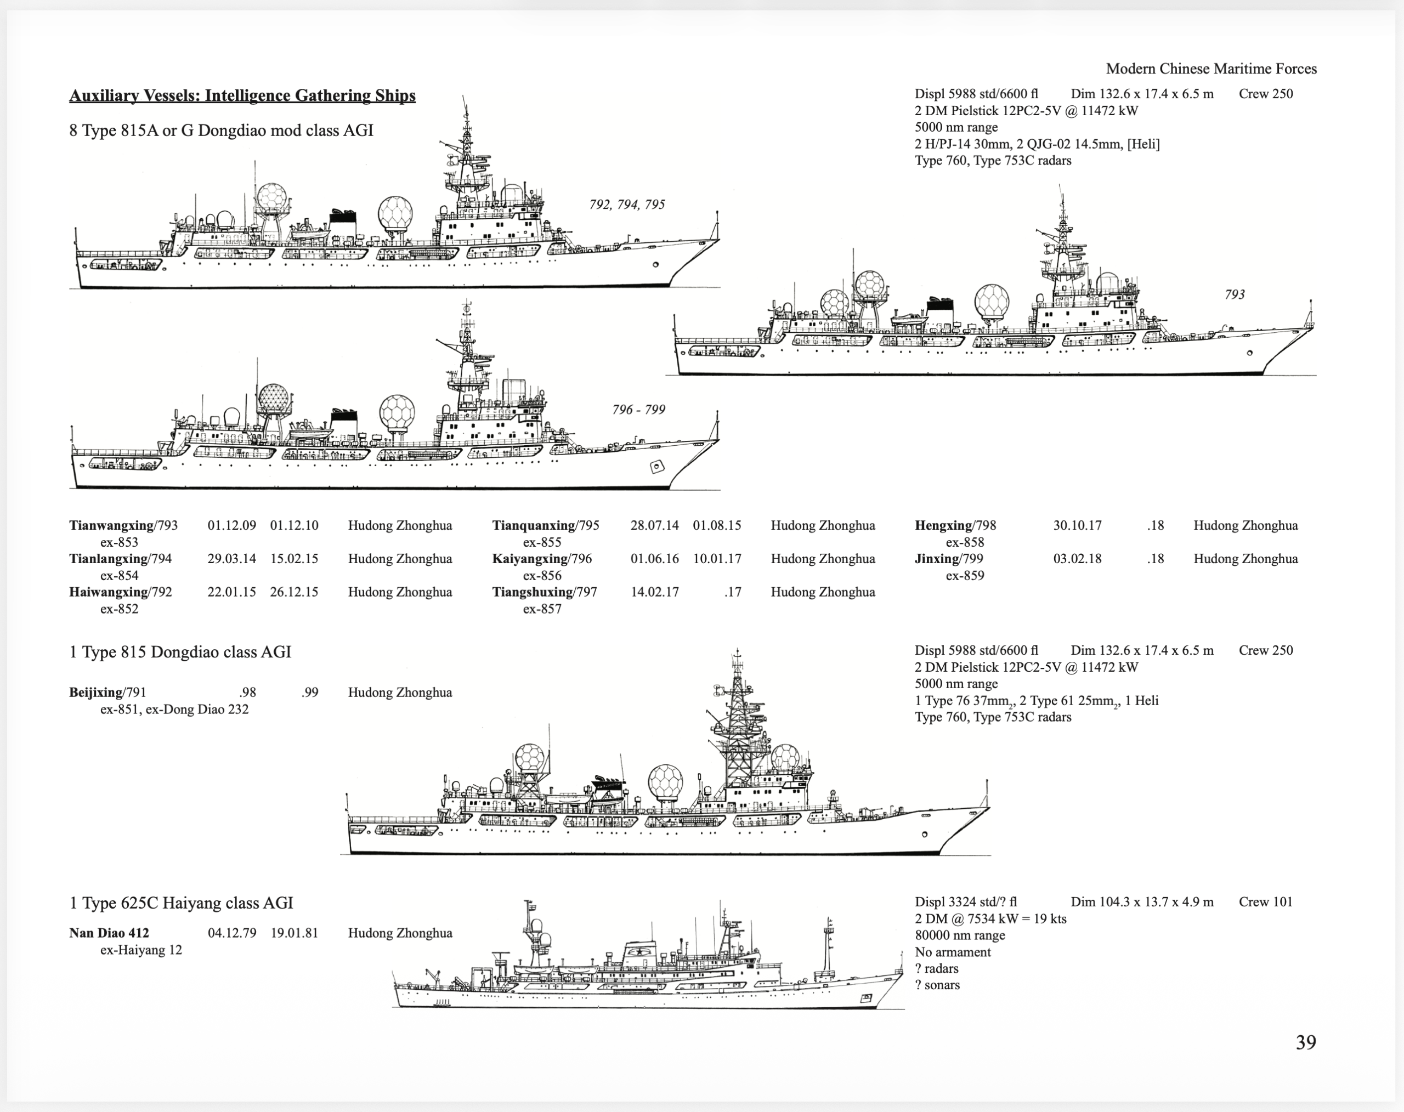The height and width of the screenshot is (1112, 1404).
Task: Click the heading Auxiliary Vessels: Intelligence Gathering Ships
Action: (x=242, y=96)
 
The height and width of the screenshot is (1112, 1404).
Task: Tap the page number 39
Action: (x=1306, y=1042)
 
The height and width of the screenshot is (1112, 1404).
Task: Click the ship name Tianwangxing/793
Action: (x=123, y=525)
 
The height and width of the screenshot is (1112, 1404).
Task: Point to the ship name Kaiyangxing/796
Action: (x=542, y=559)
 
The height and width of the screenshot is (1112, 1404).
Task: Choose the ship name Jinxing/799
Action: (x=949, y=559)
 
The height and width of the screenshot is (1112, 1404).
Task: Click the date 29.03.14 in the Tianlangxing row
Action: (x=232, y=559)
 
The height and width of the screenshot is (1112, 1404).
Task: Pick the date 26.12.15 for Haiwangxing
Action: (x=295, y=592)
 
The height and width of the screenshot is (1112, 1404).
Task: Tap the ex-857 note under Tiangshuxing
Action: (x=542, y=609)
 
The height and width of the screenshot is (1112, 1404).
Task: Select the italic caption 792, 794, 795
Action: (x=627, y=205)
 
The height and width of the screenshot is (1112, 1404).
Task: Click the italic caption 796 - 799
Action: (x=638, y=410)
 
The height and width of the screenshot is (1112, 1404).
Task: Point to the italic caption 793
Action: (x=1235, y=294)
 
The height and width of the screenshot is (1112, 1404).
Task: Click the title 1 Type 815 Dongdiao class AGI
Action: (x=180, y=653)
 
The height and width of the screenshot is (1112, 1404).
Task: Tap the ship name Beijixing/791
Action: (x=107, y=692)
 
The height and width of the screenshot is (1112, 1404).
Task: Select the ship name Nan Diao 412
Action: (x=109, y=933)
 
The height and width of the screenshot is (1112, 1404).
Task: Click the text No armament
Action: (x=953, y=952)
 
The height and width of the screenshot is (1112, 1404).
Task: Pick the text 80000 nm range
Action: (x=960, y=935)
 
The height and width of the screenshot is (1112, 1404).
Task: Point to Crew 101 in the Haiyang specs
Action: (x=1265, y=901)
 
